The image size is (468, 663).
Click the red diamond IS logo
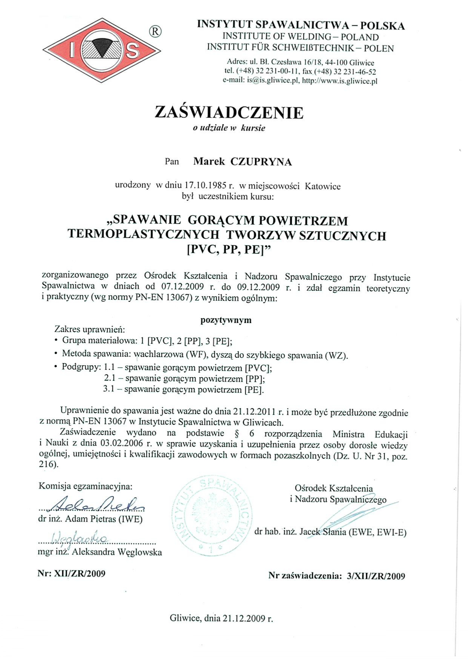click(x=102, y=50)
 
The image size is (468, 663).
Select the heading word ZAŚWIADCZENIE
click(x=229, y=113)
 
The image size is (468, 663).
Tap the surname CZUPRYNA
click(x=261, y=162)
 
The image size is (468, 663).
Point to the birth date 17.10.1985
click(x=205, y=186)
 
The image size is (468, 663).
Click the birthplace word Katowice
click(x=323, y=186)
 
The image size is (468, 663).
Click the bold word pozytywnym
click(x=226, y=320)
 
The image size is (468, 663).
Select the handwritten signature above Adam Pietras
click(x=97, y=504)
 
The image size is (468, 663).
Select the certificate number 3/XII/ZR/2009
click(x=376, y=576)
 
